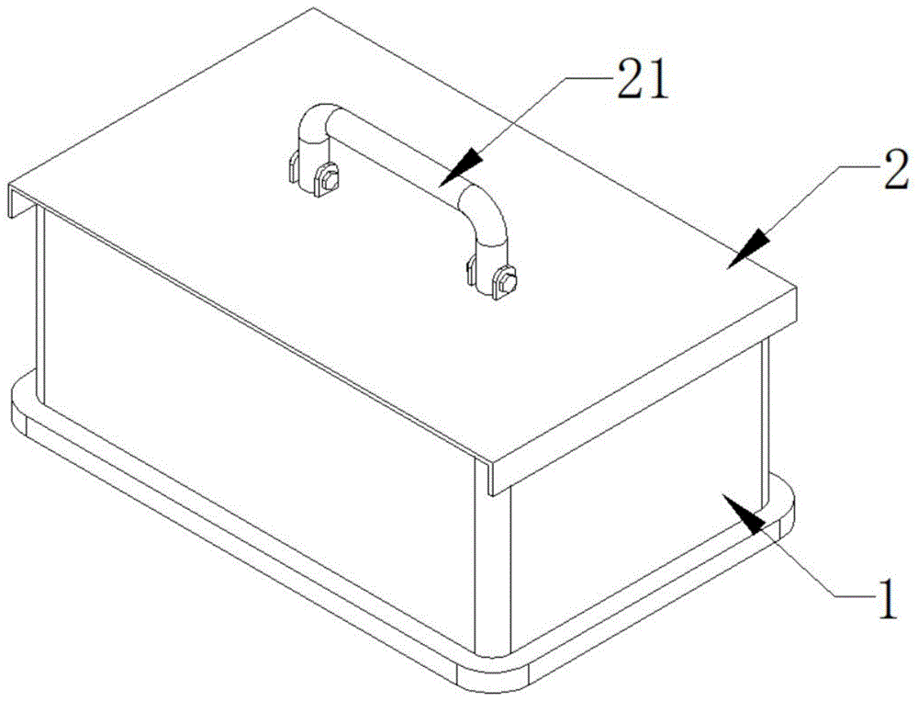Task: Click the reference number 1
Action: pyautogui.click(x=887, y=597)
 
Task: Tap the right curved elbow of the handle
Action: pyautogui.click(x=486, y=212)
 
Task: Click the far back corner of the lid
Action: pyautogui.click(x=314, y=8)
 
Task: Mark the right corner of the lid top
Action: pyautogui.click(x=796, y=288)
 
